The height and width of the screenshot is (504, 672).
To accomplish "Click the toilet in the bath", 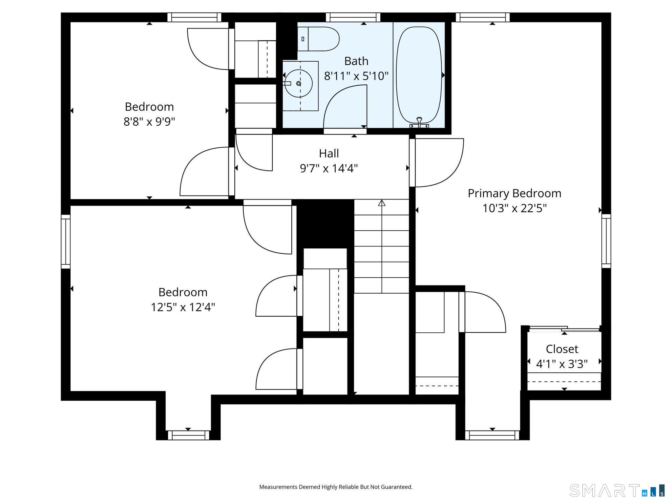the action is [318, 39].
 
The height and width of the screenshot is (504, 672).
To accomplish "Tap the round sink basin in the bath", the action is [298, 83].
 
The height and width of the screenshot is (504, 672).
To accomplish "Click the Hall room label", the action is [329, 153].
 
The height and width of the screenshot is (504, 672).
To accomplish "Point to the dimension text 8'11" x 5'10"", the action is [356, 76].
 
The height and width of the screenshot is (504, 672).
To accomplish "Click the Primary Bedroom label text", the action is [514, 193].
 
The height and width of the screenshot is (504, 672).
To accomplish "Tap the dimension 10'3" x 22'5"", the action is [514, 208].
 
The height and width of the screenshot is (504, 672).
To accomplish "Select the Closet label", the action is [562, 349].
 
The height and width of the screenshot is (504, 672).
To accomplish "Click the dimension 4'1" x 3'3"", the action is [562, 364].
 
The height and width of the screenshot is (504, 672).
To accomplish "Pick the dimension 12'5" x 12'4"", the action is [183, 307].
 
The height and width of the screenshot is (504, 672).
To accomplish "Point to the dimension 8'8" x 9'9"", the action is [149, 122].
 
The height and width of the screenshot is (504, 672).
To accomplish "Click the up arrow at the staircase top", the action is [382, 203].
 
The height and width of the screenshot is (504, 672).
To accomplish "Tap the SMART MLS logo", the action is [617, 490].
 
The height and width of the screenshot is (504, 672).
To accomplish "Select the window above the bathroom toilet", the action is [353, 17].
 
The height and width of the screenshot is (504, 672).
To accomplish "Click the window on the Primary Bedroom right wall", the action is [606, 241].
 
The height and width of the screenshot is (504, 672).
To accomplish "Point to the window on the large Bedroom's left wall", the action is [66, 241].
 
